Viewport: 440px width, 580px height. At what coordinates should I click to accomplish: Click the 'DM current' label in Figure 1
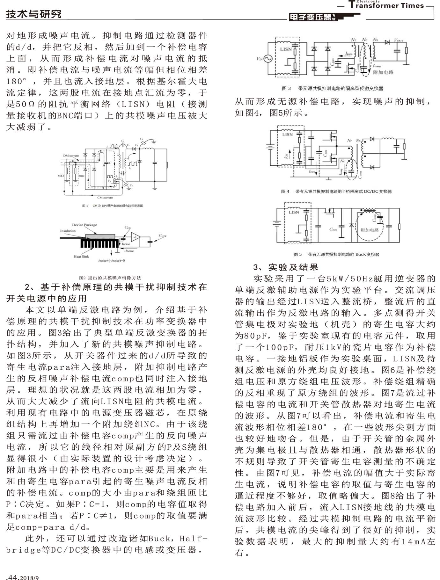click(x=71, y=156)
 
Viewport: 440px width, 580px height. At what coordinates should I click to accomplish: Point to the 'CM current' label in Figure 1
click(x=105, y=198)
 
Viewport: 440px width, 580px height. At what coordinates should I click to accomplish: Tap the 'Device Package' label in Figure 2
click(x=84, y=225)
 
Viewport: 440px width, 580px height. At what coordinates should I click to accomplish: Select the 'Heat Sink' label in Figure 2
click(x=81, y=257)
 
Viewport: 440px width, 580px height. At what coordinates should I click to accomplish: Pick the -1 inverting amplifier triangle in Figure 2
click(x=135, y=237)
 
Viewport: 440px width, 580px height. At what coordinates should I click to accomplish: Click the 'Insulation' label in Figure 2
click(x=68, y=231)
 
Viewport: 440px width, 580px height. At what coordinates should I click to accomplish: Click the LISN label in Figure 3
click(x=286, y=49)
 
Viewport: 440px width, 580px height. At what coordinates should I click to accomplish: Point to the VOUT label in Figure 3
click(x=399, y=40)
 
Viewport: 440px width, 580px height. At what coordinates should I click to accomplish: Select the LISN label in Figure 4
click(x=287, y=134)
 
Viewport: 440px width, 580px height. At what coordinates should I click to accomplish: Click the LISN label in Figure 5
click(x=294, y=212)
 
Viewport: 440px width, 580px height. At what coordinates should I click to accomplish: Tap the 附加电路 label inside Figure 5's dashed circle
click(x=370, y=230)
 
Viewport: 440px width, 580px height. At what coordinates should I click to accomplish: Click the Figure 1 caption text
click(x=113, y=206)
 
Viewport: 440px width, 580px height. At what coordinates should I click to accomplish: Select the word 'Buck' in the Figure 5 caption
click(x=361, y=254)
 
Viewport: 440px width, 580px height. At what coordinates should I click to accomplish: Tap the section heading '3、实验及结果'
click(x=286, y=267)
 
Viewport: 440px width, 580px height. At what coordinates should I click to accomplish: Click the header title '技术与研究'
click(x=33, y=14)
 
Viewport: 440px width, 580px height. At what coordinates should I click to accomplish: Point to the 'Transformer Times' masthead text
click(x=386, y=5)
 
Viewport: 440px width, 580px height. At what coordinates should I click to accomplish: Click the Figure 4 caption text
click(x=336, y=192)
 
